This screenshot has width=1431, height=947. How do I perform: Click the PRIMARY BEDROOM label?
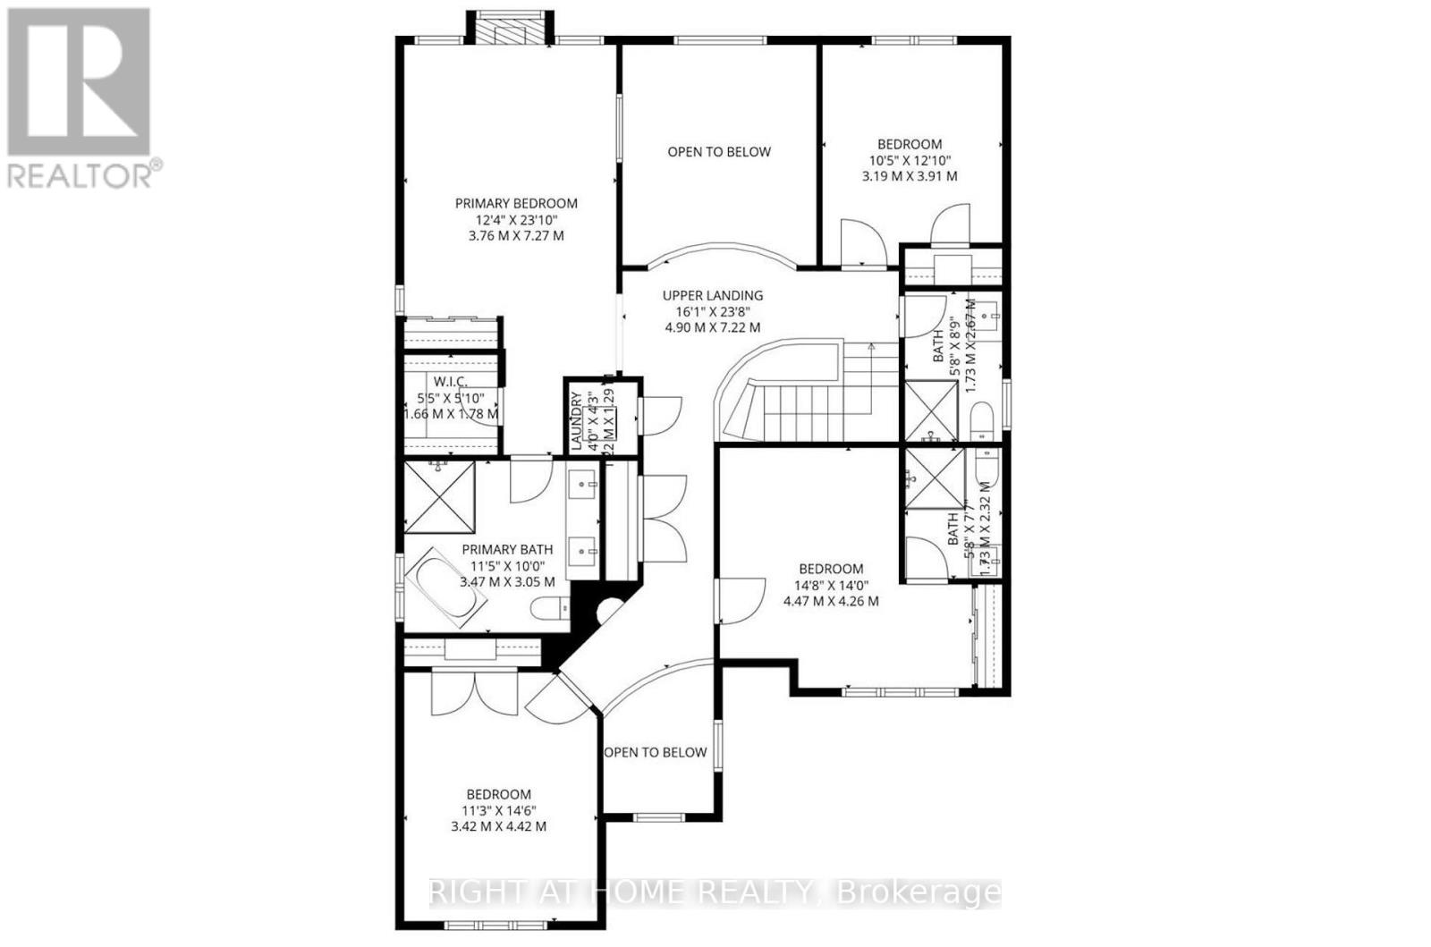516,203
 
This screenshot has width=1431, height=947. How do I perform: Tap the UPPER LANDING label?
712,295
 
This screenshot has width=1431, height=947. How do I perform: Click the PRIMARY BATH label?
507,549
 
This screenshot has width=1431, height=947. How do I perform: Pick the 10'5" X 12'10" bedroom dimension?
909,160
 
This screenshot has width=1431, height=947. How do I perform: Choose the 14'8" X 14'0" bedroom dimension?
831,585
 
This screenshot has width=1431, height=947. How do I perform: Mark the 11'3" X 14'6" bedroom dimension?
498,810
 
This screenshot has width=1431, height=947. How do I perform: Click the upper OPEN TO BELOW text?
719,152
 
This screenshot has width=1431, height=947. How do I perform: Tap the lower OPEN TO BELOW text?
656,752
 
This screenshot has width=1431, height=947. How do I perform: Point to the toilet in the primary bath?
547,610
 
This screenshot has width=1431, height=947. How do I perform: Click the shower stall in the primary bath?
438,497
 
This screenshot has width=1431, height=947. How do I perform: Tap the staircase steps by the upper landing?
787,402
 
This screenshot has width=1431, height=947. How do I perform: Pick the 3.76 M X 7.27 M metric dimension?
516,236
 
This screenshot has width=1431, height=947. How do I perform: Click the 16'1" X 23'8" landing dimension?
712,311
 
